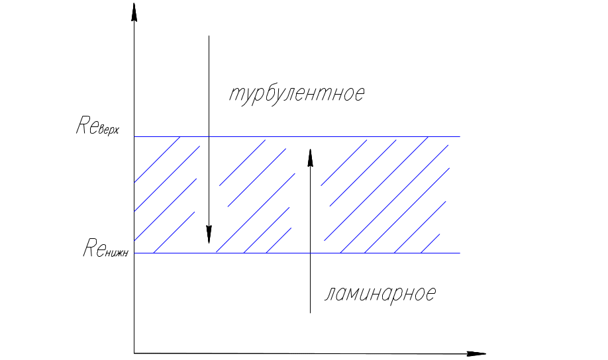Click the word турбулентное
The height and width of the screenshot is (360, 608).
pos(297,94)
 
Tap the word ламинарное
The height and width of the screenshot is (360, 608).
pos(380,294)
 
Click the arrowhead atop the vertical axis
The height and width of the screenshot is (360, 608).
pos(134,12)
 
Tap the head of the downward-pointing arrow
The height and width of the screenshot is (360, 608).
pos(209,234)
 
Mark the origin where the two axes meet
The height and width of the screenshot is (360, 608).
pos(134,353)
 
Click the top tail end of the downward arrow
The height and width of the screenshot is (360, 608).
pos(209,36)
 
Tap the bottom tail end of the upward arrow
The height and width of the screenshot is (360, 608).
pos(310,312)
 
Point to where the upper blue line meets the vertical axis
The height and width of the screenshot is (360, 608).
pos(134,136)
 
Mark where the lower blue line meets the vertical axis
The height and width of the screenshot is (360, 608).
pos(134,253)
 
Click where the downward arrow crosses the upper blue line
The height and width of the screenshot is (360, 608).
pos(209,136)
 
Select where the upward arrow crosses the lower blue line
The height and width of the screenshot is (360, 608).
pos(310,253)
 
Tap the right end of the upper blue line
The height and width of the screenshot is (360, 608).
pos(459,136)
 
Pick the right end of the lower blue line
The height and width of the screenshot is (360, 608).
pos(459,253)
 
